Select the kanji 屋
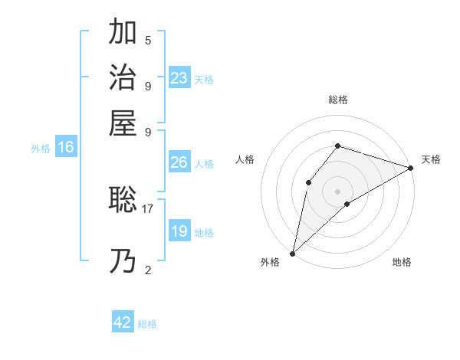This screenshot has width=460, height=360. pos(123,123)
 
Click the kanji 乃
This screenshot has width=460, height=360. pos(123,263)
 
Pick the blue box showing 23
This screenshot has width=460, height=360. pos(179,78)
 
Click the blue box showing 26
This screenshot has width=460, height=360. pos(179,162)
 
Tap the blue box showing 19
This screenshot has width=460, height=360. pos(179,231)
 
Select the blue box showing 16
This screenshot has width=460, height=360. pos(66,148)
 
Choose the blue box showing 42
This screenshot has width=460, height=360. pos(123,322)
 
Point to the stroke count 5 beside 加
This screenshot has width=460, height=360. pos(148,40)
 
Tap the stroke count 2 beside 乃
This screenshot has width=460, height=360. pos(148,270)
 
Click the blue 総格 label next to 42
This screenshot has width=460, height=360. pos(147,324)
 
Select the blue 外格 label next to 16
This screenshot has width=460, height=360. pos(41,149)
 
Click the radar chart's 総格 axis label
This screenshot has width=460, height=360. pos(337,100)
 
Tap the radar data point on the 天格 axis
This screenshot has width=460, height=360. pos(410,168)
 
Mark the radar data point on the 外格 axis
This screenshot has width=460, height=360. pos(292,253)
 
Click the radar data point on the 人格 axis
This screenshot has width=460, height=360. pos(308,182)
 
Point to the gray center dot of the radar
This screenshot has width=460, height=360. pos(337,190)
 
